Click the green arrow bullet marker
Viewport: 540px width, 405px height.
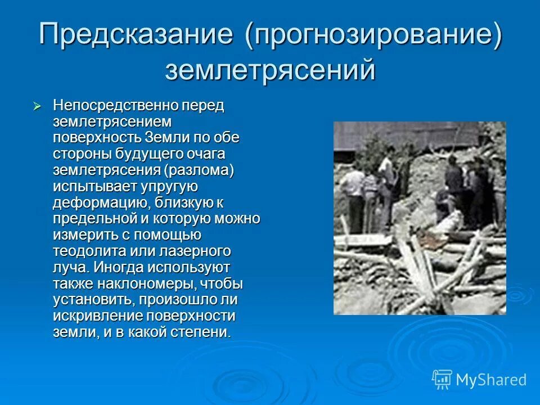point(38,106)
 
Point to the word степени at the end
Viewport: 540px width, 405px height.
point(202,332)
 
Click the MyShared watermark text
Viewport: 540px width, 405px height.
point(491,379)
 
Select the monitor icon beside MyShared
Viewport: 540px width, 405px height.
point(442,379)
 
